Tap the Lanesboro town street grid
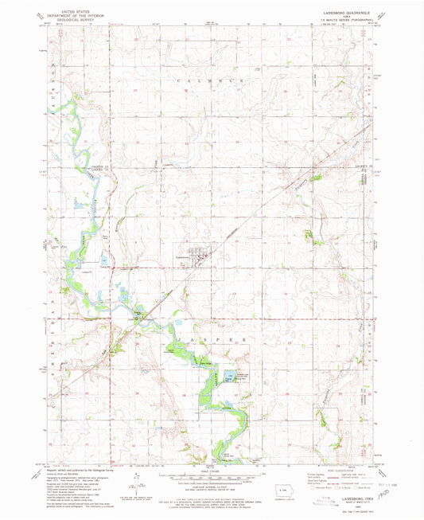196,253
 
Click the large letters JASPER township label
210,338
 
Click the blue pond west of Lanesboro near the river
105,259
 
